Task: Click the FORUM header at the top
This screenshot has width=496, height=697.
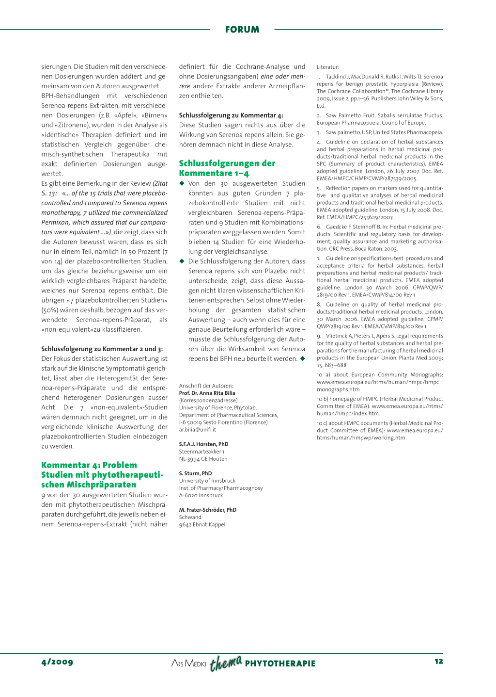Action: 242,30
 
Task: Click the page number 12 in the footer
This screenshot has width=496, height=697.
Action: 438,661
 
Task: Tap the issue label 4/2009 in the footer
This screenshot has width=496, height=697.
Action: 57,662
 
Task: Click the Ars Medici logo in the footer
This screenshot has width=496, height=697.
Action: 189,663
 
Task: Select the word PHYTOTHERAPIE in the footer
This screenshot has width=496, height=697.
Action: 280,664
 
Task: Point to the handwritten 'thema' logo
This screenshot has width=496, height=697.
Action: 226,662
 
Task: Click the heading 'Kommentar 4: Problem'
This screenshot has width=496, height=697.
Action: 89,465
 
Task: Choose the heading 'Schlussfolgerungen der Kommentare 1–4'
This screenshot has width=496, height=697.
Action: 227,168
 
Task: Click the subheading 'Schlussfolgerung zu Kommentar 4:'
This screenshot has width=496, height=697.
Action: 231,115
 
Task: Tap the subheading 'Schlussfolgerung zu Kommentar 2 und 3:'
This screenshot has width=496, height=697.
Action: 102,349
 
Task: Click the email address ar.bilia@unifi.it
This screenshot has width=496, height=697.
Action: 198,430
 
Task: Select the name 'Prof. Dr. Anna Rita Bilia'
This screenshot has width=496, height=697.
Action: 207,393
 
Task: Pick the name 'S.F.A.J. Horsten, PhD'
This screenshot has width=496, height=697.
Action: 203,444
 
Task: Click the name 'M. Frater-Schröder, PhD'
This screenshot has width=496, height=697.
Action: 207,510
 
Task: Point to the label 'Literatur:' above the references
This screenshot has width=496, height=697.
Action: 328,67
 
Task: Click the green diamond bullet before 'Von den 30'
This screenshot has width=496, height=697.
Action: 182,183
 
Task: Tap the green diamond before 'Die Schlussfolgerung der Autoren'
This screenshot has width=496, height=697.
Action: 182,261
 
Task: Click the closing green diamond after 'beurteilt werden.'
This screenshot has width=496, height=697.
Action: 303,358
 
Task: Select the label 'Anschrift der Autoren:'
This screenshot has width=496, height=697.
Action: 206,386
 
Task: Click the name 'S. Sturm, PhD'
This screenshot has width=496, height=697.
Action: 195,473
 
